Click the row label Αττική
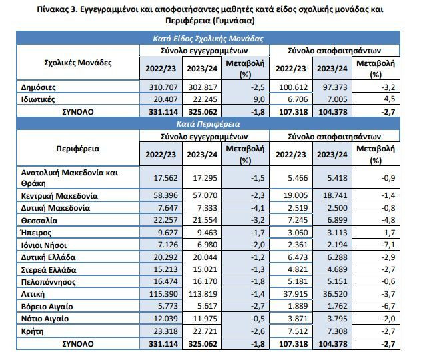(33, 294)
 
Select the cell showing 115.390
(163, 294)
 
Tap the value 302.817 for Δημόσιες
(203, 87)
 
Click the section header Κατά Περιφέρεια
(208, 124)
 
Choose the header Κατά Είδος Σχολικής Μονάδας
(208, 39)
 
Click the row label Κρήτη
(32, 331)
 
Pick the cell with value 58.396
(165, 195)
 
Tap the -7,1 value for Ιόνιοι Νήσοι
(388, 245)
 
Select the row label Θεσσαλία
(39, 221)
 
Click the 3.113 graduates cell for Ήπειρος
(337, 233)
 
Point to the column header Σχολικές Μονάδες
(78, 63)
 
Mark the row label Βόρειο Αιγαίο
(47, 307)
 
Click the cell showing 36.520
(335, 294)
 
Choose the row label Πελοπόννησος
(49, 281)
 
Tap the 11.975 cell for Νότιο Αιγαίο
(205, 319)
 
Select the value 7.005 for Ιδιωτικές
(337, 99)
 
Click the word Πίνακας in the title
(53, 9)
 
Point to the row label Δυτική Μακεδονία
(55, 208)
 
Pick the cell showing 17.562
(165, 178)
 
